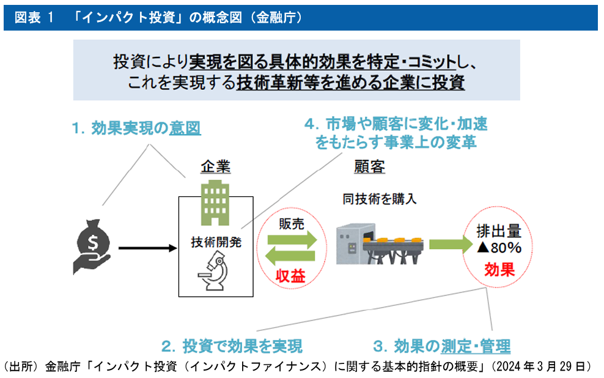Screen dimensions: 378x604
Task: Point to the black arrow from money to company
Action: tap(146, 248)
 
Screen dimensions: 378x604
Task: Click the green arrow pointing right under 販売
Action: tap(292, 240)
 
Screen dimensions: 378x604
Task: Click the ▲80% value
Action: tap(498, 248)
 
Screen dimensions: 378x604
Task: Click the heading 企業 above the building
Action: tap(215, 167)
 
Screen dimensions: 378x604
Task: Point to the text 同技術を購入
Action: tap(379, 199)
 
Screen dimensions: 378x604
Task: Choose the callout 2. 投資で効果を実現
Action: tap(232, 346)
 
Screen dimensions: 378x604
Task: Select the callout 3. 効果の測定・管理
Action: tap(441, 346)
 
